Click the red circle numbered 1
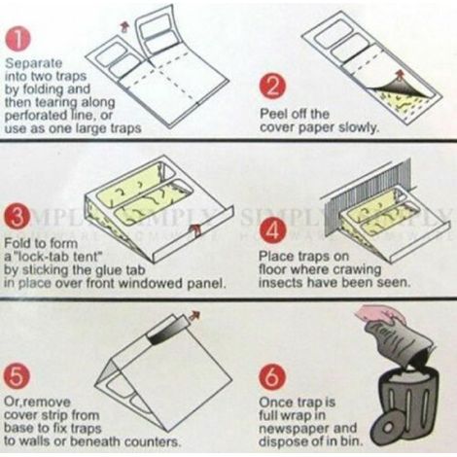pyautogui.click(x=18, y=39)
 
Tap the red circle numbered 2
pyautogui.click(x=273, y=88)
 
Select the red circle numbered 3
pyautogui.click(x=18, y=217)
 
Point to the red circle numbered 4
pyautogui.click(x=273, y=230)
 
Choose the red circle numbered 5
pyautogui.click(x=17, y=377)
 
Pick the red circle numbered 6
pyautogui.click(x=272, y=377)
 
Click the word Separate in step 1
pyautogui.click(x=33, y=63)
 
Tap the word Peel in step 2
pyautogui.click(x=271, y=114)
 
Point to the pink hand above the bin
pyautogui.click(x=382, y=313)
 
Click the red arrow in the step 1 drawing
pyautogui.click(x=123, y=26)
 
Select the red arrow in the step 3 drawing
pyautogui.click(x=195, y=228)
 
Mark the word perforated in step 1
pyautogui.click(x=35, y=115)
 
